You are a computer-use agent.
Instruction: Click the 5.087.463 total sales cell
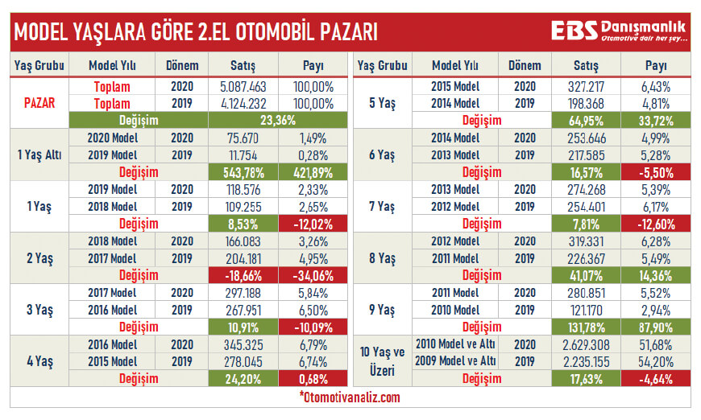[243, 85]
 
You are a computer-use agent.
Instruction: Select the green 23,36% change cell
[243, 120]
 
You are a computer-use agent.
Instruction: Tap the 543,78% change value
[243, 171]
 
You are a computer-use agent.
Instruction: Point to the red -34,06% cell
[307, 275]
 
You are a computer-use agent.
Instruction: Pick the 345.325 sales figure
[243, 344]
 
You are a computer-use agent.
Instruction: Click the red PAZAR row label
[39, 103]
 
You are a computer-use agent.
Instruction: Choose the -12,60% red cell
[656, 224]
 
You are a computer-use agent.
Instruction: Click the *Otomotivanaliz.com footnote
[349, 397]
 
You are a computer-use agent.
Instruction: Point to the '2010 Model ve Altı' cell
[454, 344]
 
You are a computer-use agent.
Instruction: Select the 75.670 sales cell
[243, 138]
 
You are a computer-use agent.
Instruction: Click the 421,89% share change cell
[307, 171]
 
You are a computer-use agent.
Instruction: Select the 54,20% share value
[656, 361]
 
